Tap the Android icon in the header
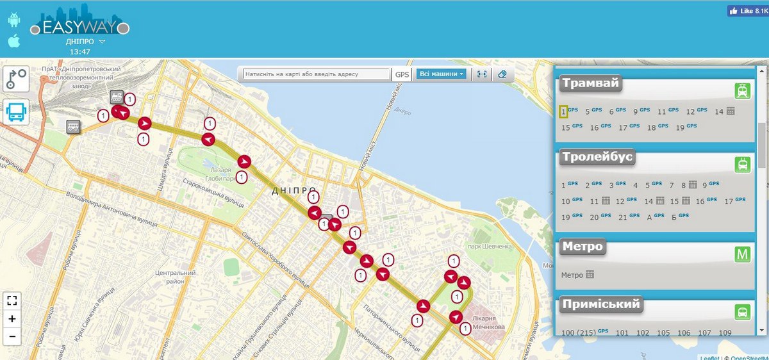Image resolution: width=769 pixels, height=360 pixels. [x=14, y=20]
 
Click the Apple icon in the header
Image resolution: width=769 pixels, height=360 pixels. [x=14, y=41]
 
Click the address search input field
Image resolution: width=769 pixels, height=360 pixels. [x=317, y=74]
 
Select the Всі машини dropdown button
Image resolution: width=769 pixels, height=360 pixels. [x=441, y=74]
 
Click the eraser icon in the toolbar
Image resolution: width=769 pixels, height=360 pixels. [x=502, y=74]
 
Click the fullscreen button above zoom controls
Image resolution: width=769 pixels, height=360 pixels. [x=12, y=300]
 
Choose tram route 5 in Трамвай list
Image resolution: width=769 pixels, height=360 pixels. [x=587, y=111]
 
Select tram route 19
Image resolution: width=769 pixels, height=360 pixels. [x=680, y=127]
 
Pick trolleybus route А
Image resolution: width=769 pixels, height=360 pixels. [x=649, y=217]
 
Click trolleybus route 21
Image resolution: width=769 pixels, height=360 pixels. [x=623, y=217]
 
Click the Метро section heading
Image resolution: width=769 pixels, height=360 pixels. [x=583, y=247]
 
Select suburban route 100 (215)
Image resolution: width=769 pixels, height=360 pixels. [x=578, y=333]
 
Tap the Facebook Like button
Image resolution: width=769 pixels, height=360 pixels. [x=747, y=11]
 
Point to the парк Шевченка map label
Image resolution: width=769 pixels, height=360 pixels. [x=490, y=246]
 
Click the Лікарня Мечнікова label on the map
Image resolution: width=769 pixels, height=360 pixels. [x=488, y=323]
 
